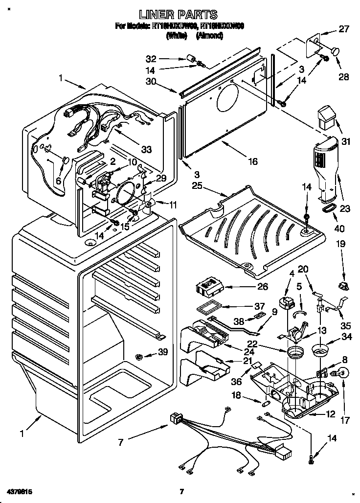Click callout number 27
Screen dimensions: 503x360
(344, 29)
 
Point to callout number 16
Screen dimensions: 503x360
(252, 160)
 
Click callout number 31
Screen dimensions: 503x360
(346, 142)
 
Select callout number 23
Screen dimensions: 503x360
(345, 208)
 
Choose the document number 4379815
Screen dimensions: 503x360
(19, 490)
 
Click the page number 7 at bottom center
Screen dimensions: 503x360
(181, 491)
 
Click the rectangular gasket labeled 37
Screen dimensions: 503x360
(208, 308)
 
